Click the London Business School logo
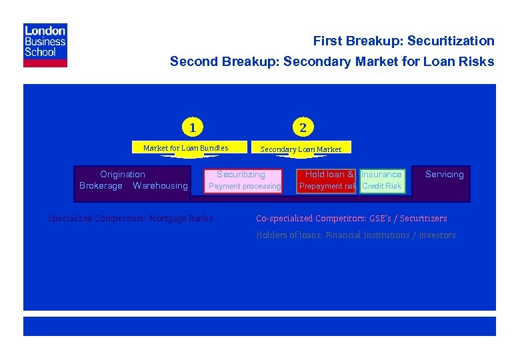click(x=45, y=45)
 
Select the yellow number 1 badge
click(x=192, y=127)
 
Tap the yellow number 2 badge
click(x=303, y=127)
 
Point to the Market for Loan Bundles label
click(x=185, y=148)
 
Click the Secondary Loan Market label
click(x=301, y=149)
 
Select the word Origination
click(x=123, y=175)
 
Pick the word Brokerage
click(x=101, y=186)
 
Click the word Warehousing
click(x=160, y=186)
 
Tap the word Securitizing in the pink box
click(x=241, y=175)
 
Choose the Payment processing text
click(x=245, y=187)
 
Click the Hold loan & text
click(x=329, y=175)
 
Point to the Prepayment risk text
click(x=327, y=187)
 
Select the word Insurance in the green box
click(x=381, y=175)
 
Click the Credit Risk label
click(x=381, y=187)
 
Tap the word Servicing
click(x=444, y=175)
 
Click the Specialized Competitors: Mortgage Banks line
click(x=131, y=219)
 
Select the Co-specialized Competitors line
click(x=351, y=219)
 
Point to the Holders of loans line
click(x=356, y=235)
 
